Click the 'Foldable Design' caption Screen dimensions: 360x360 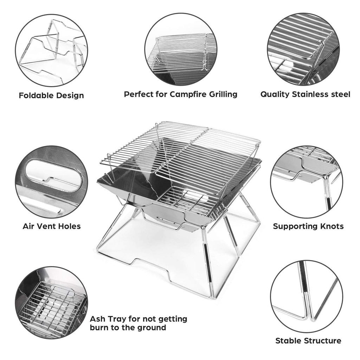click(51, 95)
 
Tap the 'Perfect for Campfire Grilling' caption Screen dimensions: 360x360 click(180, 94)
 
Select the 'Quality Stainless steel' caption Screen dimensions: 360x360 click(305, 94)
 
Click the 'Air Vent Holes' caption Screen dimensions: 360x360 click(52, 226)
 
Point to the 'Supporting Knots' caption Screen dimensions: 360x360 click(308, 226)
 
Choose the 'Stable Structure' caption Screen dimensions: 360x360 click(308, 340)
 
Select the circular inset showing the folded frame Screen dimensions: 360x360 click(51, 51)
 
